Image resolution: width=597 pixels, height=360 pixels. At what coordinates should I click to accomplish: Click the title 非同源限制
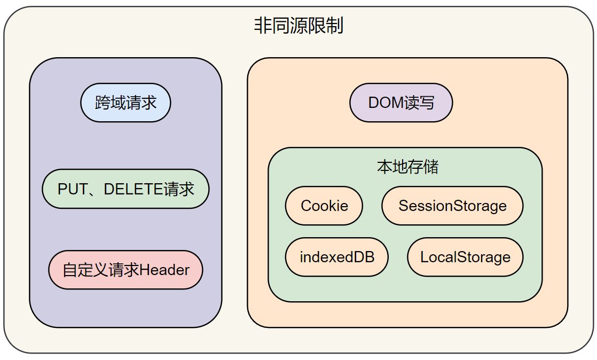[x=298, y=26]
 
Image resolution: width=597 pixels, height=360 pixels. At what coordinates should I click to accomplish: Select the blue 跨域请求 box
[x=125, y=103]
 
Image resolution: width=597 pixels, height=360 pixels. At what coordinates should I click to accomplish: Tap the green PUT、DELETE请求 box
[x=125, y=189]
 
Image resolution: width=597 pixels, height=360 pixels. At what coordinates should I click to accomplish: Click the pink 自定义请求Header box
[x=125, y=270]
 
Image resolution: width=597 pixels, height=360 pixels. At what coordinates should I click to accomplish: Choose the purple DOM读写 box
[x=401, y=103]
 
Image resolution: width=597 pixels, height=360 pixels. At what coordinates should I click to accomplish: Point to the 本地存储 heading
[x=407, y=167]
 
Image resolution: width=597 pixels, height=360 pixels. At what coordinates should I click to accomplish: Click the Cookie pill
[x=324, y=206]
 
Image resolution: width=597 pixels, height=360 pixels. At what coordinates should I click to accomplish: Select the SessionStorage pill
[x=452, y=206]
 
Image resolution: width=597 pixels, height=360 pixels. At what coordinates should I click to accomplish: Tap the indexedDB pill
[x=337, y=257]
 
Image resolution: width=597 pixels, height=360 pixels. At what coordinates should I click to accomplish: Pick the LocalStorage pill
[x=465, y=257]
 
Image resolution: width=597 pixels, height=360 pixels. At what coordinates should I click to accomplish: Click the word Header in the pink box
[x=164, y=270]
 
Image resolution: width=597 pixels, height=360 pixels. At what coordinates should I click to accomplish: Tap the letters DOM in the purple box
[x=387, y=103]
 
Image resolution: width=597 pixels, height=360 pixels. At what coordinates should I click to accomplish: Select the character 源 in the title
[x=298, y=26]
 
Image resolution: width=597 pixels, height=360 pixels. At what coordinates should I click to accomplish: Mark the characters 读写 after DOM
[x=420, y=103]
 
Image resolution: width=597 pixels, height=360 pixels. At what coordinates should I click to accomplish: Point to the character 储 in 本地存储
[x=431, y=167]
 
